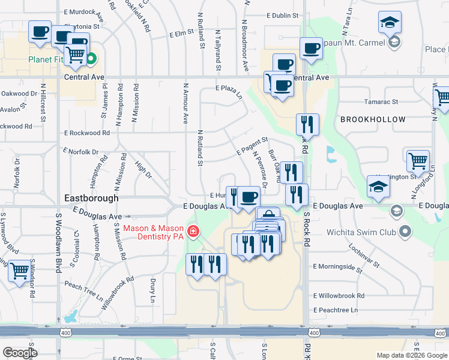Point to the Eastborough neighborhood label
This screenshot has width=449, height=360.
[91, 197]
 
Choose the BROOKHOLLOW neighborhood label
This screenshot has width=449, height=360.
[373, 119]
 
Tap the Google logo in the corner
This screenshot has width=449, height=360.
[19, 353]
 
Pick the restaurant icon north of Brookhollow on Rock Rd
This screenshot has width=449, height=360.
[307, 124]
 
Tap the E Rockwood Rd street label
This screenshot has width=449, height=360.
[87, 133]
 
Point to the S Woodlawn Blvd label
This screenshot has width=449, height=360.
[59, 242]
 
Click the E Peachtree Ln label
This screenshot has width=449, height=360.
[336, 310]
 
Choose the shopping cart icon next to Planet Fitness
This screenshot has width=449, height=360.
[76, 55]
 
